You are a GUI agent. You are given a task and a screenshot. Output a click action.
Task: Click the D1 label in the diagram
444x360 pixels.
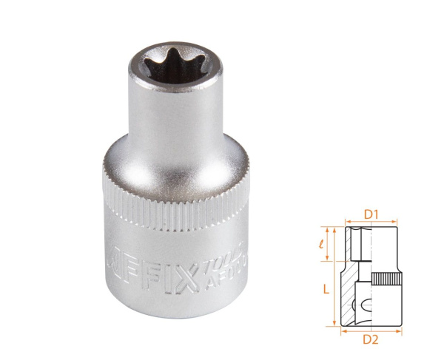371,215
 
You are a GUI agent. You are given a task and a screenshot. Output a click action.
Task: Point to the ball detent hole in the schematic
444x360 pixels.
362,304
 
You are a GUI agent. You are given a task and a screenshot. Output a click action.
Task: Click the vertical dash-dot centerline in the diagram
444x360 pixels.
371,274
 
